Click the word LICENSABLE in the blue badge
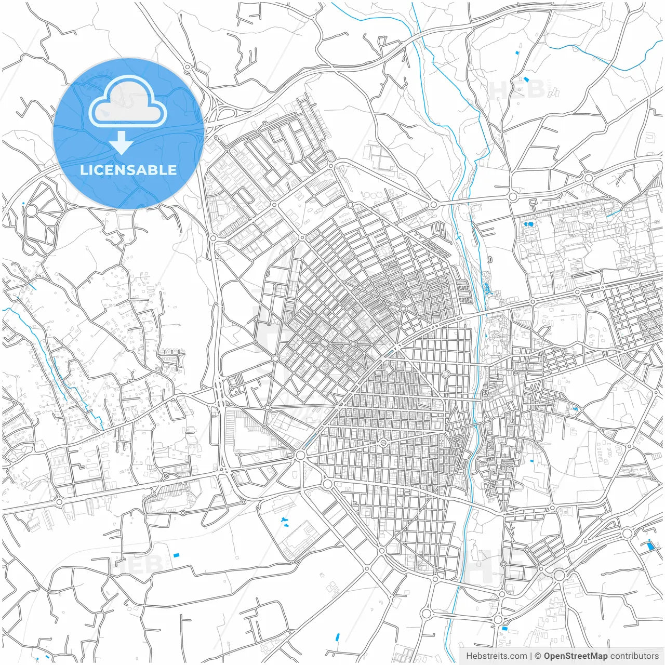(x=128, y=170)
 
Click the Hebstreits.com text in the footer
(x=497, y=656)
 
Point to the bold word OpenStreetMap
(x=576, y=656)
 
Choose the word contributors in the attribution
(x=634, y=656)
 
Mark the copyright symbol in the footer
(x=538, y=656)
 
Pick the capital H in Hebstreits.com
(x=470, y=656)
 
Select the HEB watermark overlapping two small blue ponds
(x=517, y=88)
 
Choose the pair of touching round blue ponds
(x=528, y=224)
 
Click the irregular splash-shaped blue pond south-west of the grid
(x=284, y=520)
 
